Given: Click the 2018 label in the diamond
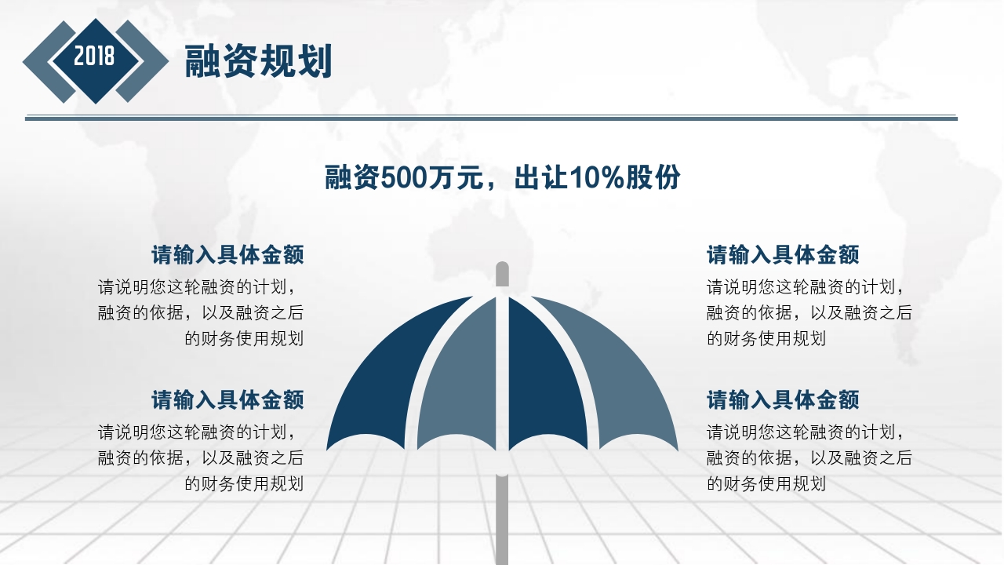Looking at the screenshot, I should click(95, 56).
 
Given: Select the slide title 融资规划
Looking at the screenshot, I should click(259, 61).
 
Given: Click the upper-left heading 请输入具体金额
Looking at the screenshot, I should click(227, 255).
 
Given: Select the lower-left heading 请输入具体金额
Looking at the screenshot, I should click(227, 400).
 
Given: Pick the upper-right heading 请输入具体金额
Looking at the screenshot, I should click(783, 255).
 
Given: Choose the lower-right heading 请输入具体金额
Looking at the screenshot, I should click(783, 400).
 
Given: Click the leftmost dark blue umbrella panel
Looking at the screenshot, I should click(392, 377).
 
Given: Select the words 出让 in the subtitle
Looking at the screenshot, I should click(540, 178).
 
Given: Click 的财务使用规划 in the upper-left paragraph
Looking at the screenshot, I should click(244, 338).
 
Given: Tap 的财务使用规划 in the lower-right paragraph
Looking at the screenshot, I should click(766, 483).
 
